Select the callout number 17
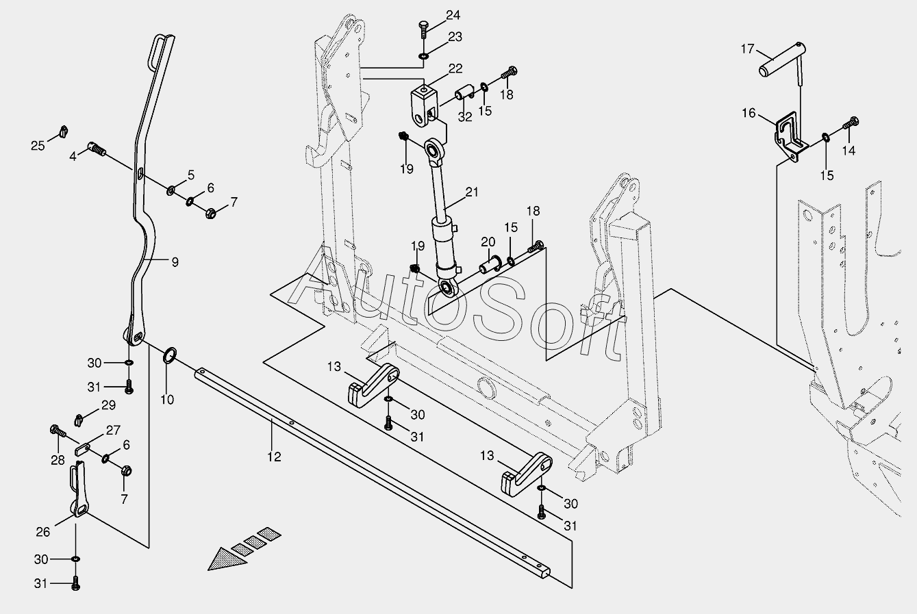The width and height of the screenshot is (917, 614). [747, 49]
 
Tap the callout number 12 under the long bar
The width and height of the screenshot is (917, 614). [274, 457]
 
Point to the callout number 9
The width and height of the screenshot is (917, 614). [175, 261]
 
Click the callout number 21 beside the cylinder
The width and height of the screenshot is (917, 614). [471, 192]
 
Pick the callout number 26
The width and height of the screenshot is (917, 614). [42, 531]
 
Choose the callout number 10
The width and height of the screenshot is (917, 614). [167, 399]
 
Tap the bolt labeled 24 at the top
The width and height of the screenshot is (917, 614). [423, 31]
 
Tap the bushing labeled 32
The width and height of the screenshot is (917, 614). [464, 92]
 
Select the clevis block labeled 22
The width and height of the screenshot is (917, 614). [424, 101]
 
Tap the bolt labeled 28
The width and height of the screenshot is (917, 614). [56, 432]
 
